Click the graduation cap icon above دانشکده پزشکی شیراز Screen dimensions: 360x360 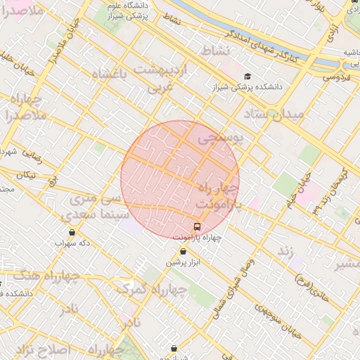click(247, 76)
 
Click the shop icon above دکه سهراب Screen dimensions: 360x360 click(72, 233)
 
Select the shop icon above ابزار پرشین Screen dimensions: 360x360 click(184, 252)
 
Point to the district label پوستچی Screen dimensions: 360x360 click(219, 139)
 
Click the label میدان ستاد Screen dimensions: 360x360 click(274, 114)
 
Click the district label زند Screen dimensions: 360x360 click(285, 251)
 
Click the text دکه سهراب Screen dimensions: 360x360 click(73, 243)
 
